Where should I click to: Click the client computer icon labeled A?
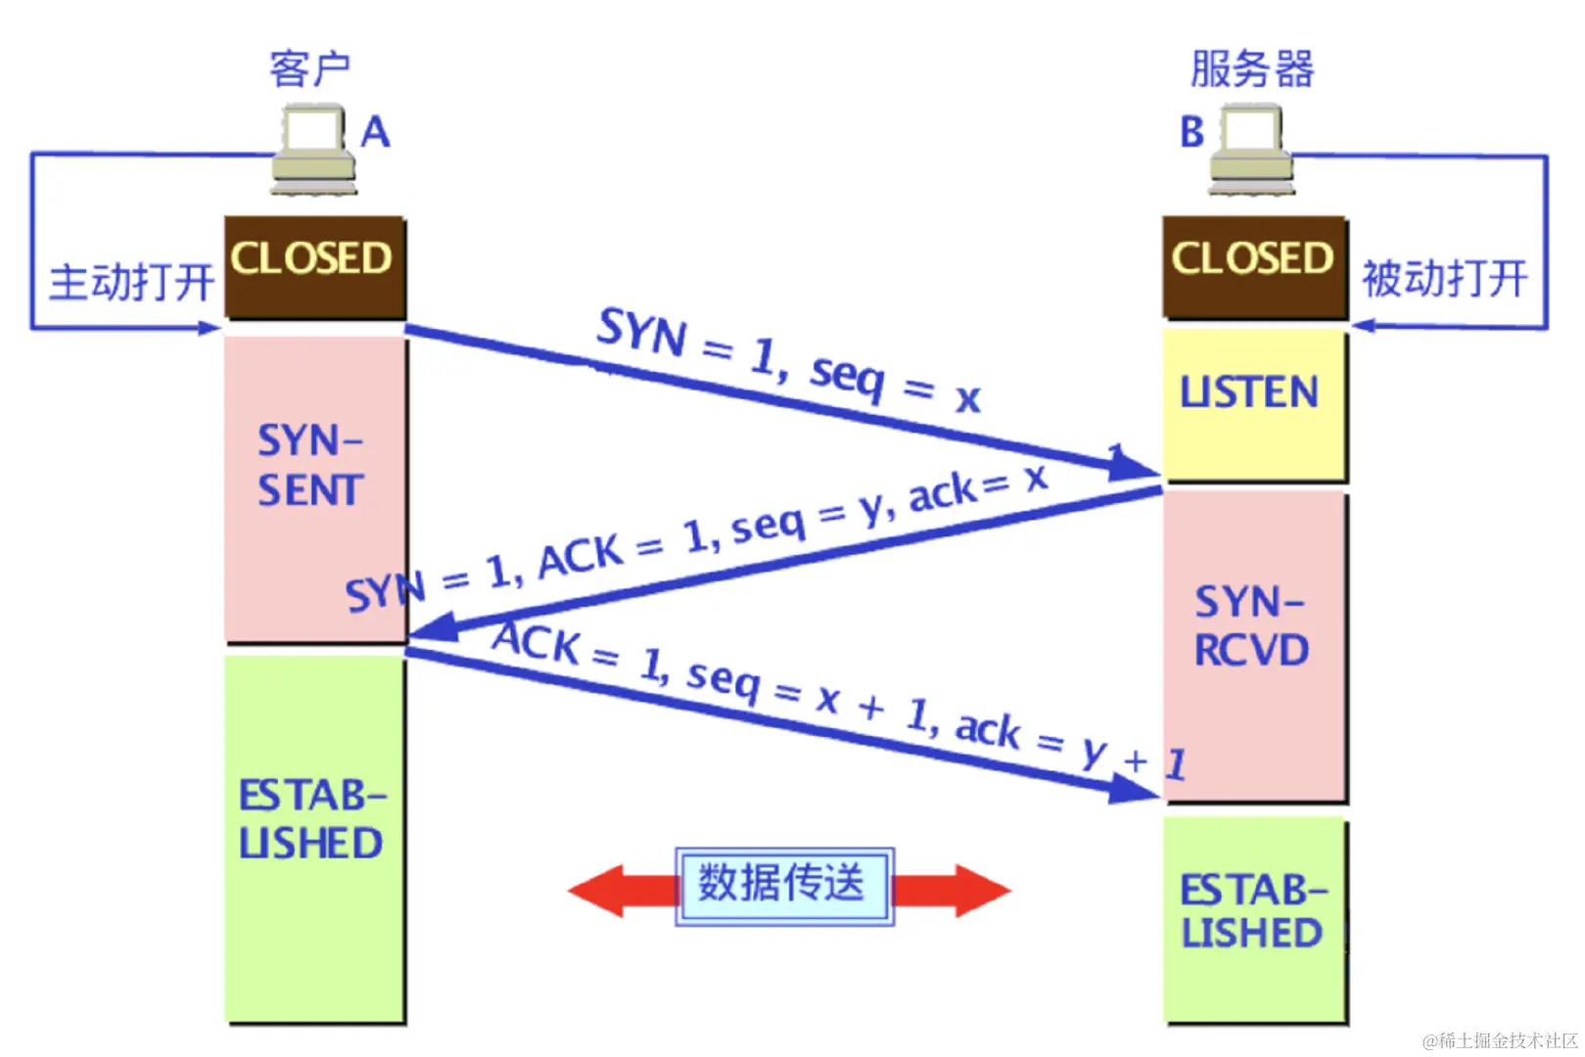click(313, 149)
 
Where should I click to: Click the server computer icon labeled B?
click(1250, 149)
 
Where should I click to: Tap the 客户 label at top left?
click(309, 69)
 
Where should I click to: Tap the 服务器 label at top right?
click(1251, 69)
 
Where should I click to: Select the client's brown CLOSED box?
click(314, 265)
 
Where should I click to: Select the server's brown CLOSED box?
click(1253, 265)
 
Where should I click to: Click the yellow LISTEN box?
click(1253, 403)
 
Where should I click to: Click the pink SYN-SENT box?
click(313, 487)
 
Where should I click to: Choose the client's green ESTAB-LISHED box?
click(313, 837)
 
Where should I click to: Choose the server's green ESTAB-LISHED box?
click(1253, 920)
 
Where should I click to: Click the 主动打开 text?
click(131, 282)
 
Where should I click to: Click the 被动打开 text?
click(1444, 279)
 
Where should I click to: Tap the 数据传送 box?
click(783, 885)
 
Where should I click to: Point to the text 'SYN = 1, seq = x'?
click(788, 360)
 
